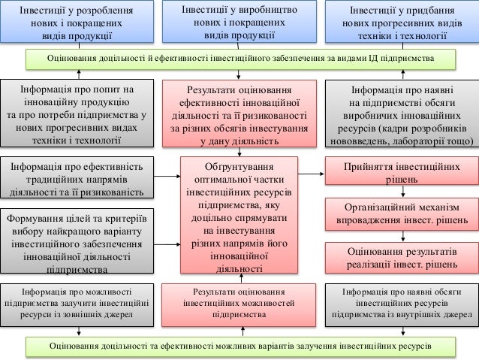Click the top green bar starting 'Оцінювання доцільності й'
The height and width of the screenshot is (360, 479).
(239, 58)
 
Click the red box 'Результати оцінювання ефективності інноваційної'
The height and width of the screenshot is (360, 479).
(239, 113)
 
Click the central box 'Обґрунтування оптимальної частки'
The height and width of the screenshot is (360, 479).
(239, 216)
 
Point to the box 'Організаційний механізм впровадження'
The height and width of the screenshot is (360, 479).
(402, 213)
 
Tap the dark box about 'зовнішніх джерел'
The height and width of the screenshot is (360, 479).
(75, 302)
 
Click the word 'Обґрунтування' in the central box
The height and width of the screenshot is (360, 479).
(239, 165)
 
